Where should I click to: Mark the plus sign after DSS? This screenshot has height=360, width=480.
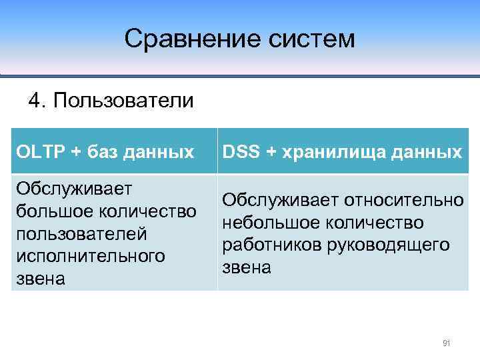pos(271,152)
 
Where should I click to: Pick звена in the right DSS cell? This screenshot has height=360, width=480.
pos(247,267)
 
